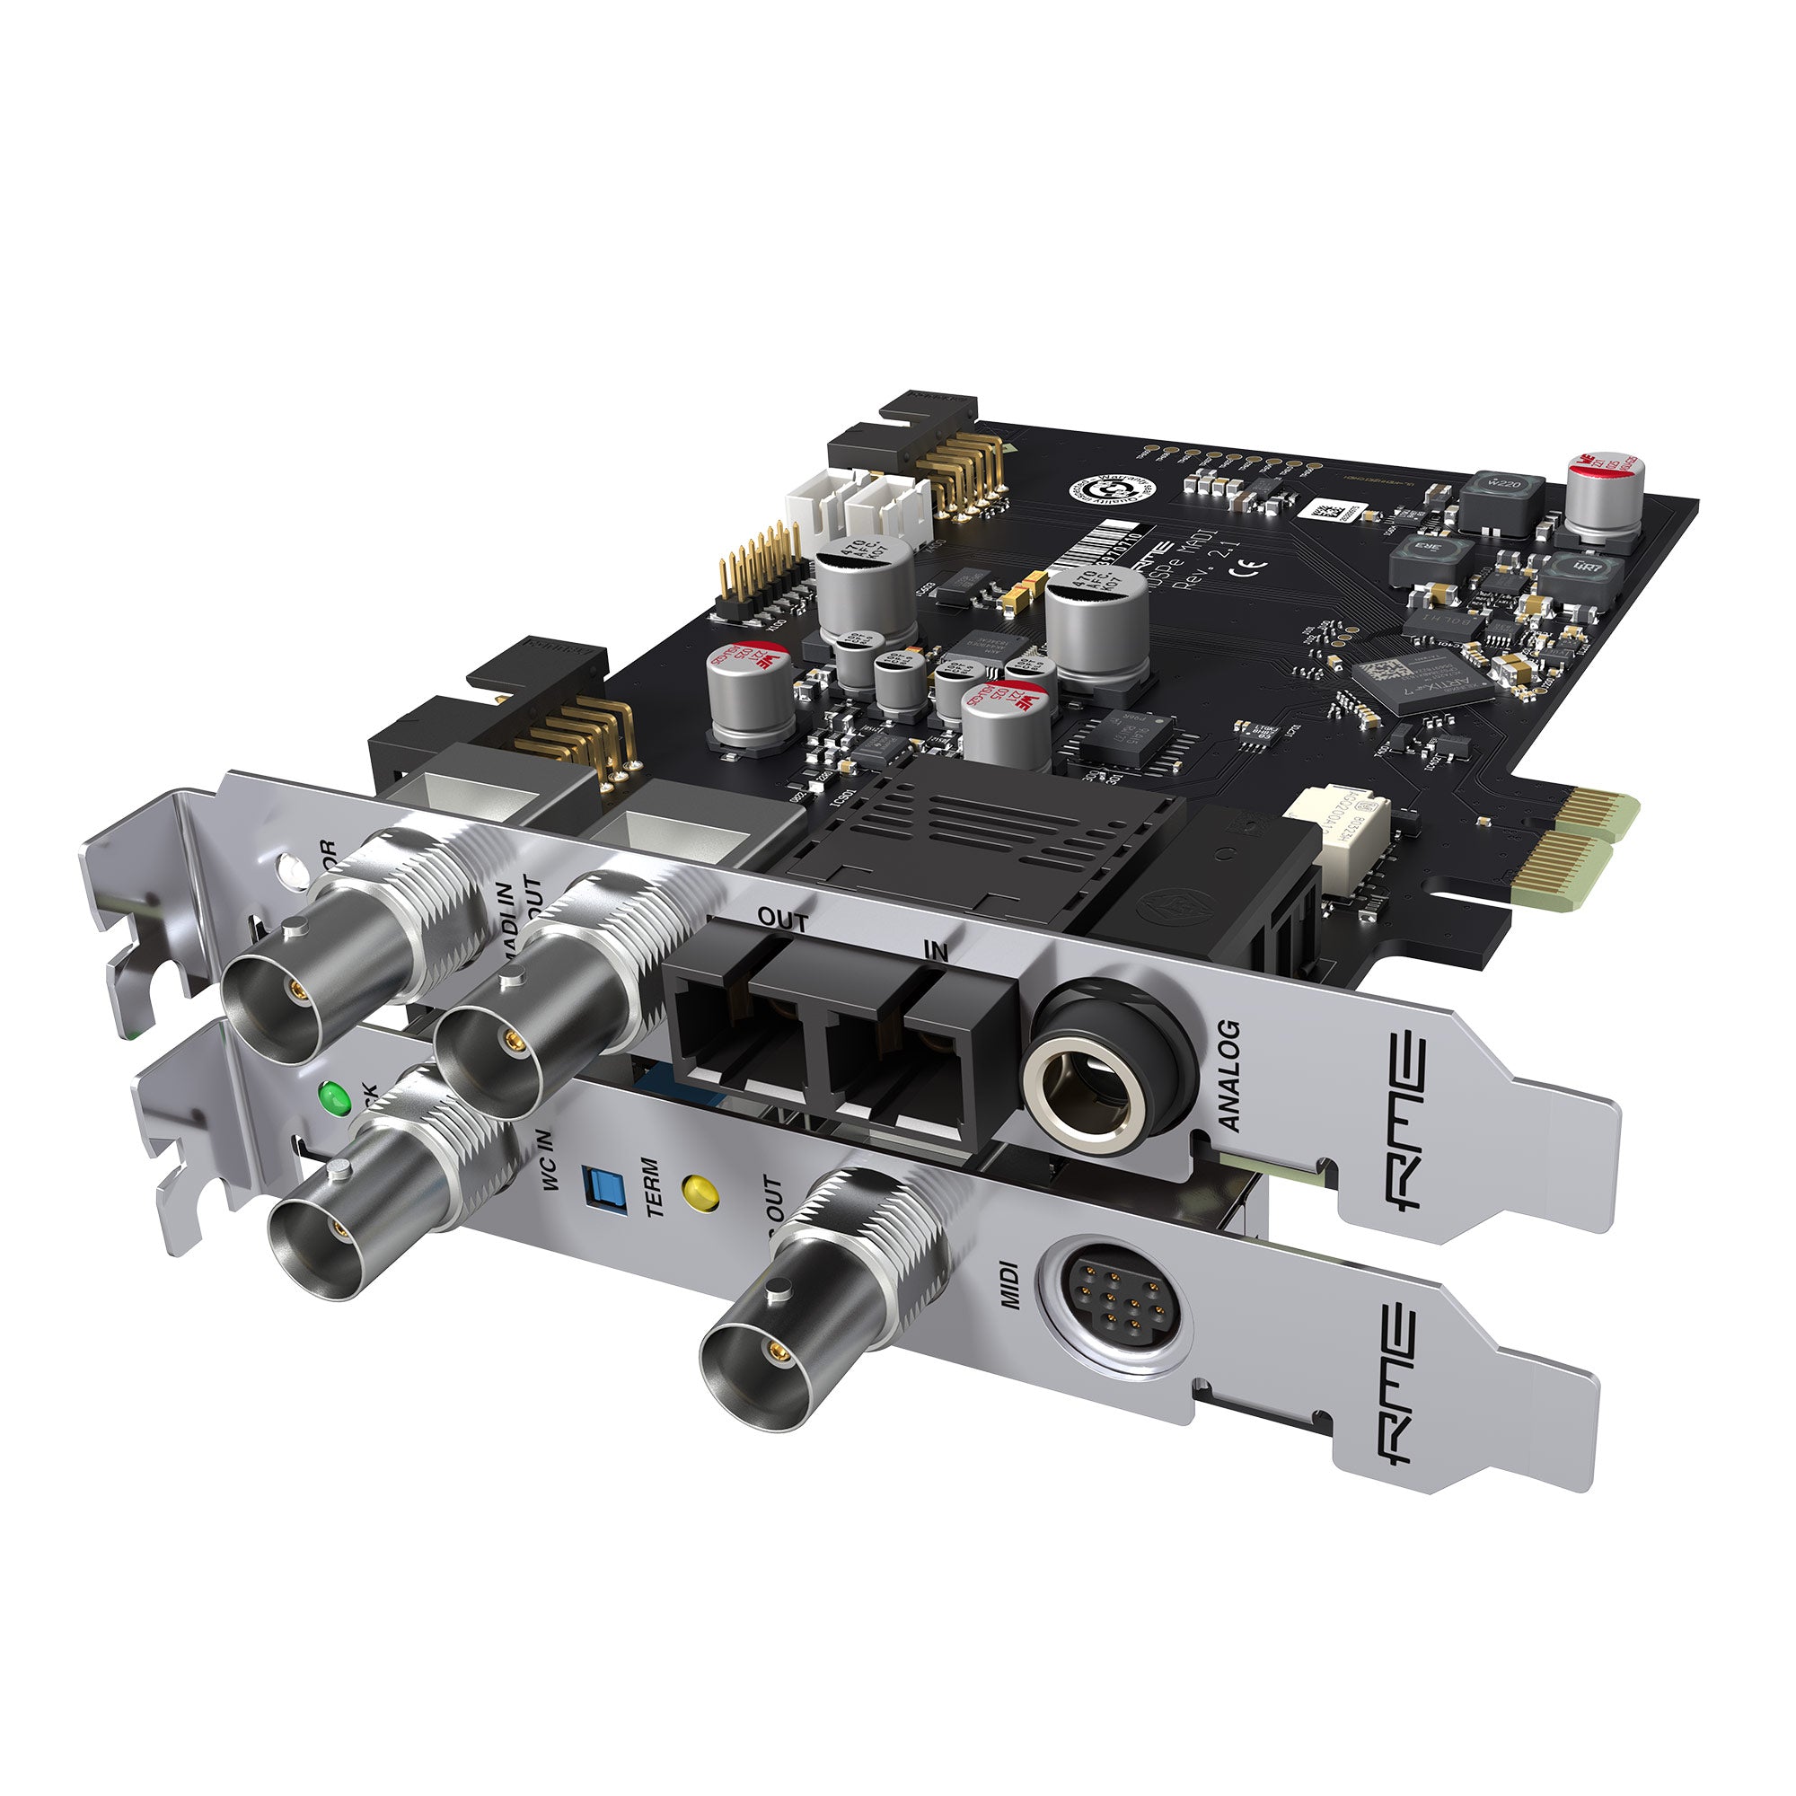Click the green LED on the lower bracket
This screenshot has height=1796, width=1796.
(334, 1099)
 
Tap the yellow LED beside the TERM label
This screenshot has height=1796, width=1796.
(700, 1193)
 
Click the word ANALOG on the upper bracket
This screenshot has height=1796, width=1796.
(1229, 1077)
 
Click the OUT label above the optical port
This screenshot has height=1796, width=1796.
(782, 920)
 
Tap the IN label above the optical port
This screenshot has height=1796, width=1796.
(935, 950)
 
